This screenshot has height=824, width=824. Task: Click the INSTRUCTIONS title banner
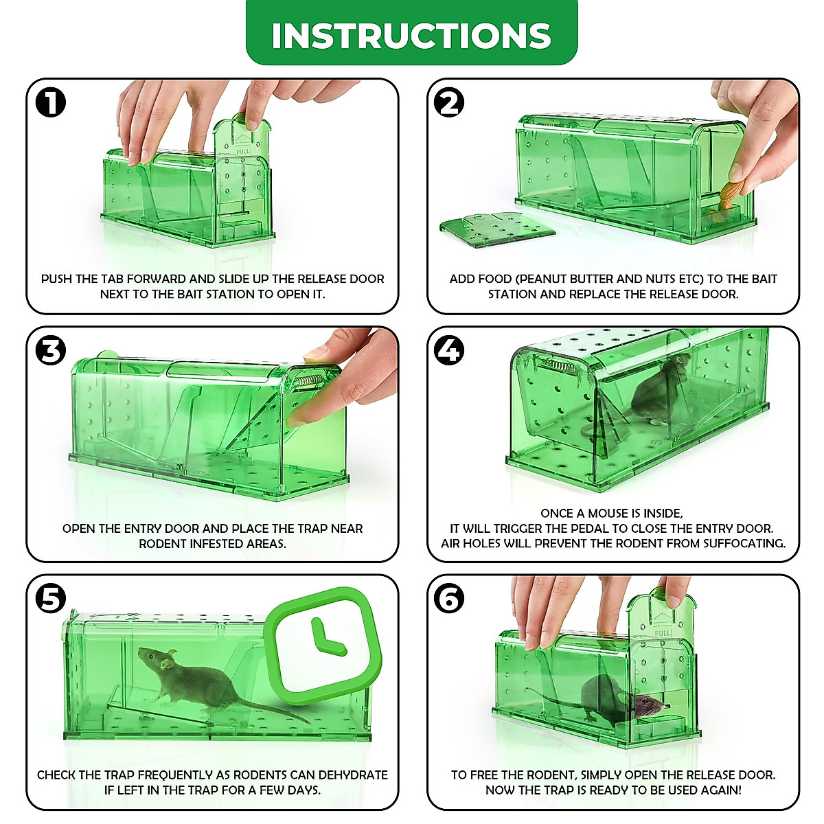(x=411, y=34)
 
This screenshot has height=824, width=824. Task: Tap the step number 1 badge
(x=51, y=103)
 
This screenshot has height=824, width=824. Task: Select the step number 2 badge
(x=450, y=103)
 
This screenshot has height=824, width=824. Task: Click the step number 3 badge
(x=51, y=351)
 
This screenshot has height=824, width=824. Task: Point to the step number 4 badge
(x=450, y=351)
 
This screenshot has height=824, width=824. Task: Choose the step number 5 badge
(x=51, y=599)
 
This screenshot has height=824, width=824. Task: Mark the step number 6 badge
(x=450, y=599)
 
